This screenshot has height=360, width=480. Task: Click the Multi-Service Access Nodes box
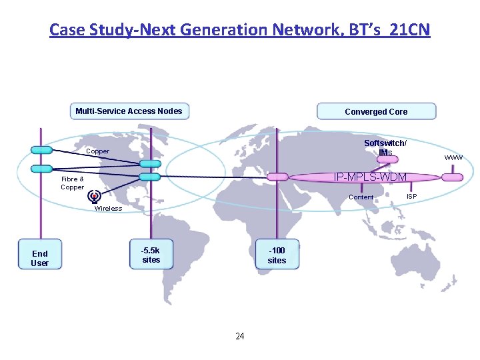point(129,111)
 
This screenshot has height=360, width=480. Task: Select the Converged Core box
point(376,111)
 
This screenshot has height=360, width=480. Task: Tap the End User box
point(40,258)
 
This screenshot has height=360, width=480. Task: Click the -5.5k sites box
point(151,255)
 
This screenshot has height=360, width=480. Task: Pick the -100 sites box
point(277,255)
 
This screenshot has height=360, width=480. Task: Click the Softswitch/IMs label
point(385,148)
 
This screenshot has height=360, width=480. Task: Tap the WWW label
point(454,157)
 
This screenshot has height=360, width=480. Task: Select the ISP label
point(412,196)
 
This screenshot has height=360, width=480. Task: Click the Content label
point(361,197)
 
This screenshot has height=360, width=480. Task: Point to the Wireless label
point(109,208)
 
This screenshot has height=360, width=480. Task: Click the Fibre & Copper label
point(72,183)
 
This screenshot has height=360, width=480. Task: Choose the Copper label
point(98,151)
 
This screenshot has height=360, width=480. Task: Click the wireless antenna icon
point(95,196)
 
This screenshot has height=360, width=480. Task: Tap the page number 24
point(240,336)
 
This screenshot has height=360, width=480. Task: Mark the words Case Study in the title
point(89,30)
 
